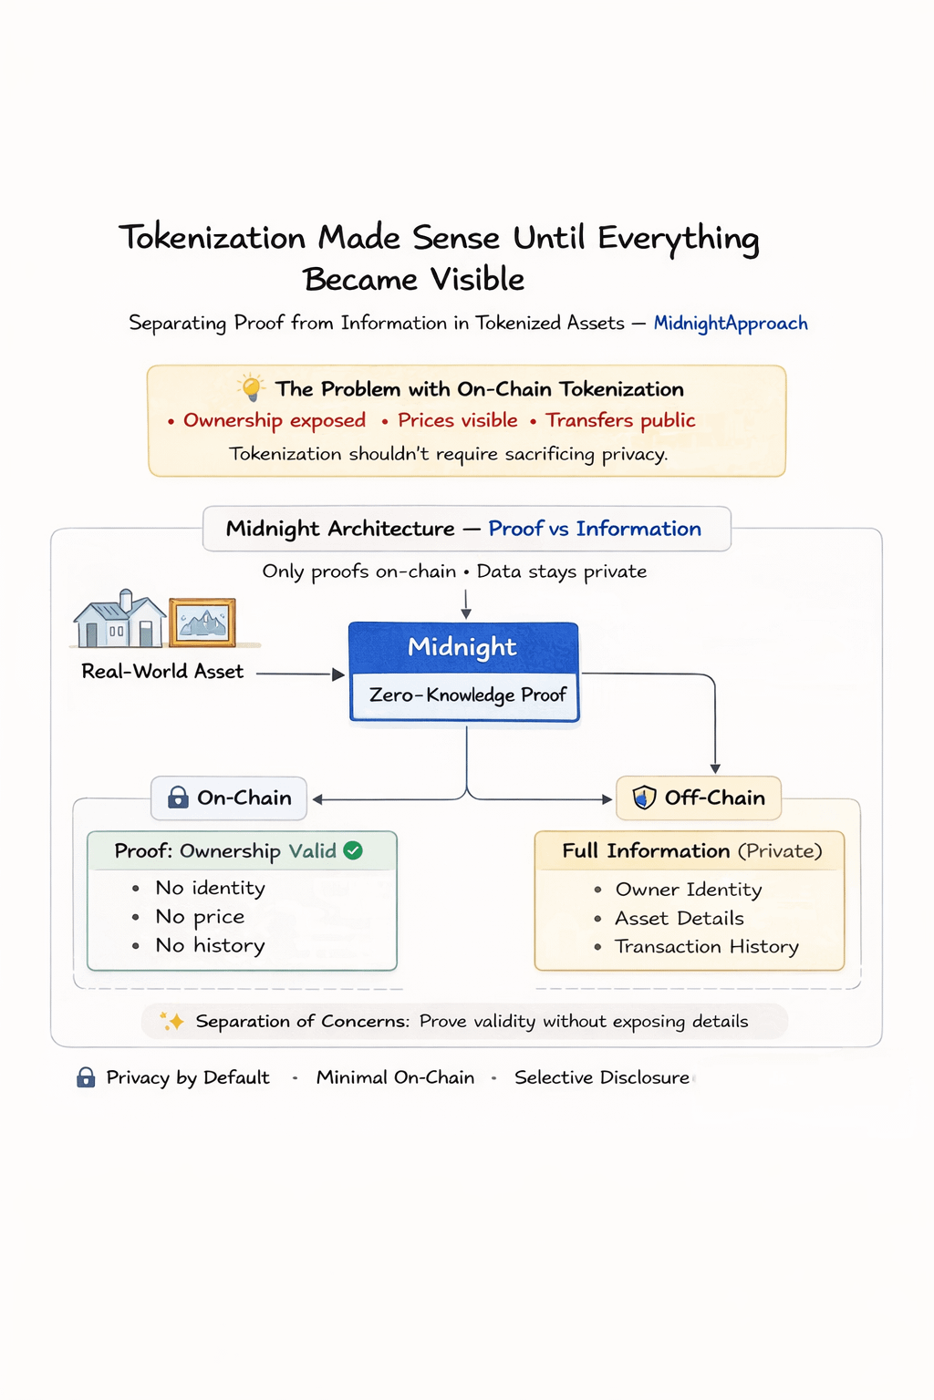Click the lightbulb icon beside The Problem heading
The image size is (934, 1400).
[251, 387]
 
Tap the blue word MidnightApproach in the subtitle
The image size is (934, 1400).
[731, 324]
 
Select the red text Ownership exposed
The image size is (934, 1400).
[274, 420]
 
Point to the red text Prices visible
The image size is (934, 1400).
[457, 420]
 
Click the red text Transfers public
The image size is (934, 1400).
[620, 420]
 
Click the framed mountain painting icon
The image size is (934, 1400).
[202, 623]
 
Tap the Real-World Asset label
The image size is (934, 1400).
[162, 672]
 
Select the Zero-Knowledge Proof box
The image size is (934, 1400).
[467, 695]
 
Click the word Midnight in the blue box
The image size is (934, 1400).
[462, 647]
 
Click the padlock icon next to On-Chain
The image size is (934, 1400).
[178, 798]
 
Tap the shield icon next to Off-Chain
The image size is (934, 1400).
[644, 798]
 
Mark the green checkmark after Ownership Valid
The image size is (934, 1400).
[353, 850]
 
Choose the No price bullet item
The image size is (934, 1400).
[200, 917]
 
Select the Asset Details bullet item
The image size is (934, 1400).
[680, 919]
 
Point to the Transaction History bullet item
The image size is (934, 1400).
[707, 947]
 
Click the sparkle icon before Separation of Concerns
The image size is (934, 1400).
[172, 1022]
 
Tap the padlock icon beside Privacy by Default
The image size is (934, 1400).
[86, 1078]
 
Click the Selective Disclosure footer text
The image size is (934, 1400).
[602, 1077]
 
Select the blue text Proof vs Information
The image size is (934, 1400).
[595, 529]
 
